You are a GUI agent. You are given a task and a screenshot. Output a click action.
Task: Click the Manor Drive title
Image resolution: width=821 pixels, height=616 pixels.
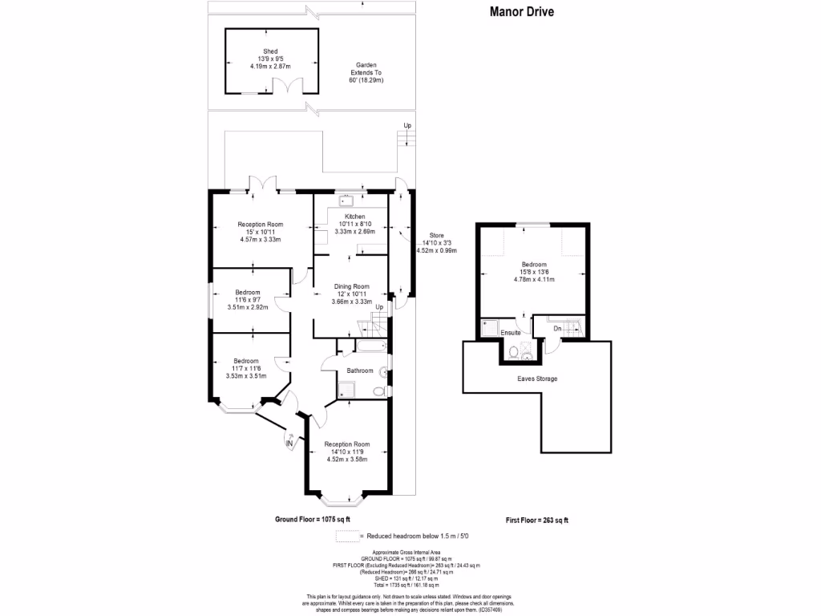(x=522, y=12)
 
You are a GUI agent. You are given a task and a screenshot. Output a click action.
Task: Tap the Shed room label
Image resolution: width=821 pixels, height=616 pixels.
(x=269, y=59)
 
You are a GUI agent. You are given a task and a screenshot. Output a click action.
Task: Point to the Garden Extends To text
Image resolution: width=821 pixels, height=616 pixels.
(x=366, y=73)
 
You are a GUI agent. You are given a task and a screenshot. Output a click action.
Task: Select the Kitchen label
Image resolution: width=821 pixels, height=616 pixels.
(x=354, y=224)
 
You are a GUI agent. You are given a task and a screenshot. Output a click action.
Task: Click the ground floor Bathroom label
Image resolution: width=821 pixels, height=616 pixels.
(x=360, y=371)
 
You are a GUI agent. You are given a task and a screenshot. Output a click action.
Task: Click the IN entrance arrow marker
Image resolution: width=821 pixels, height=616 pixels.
(x=289, y=441)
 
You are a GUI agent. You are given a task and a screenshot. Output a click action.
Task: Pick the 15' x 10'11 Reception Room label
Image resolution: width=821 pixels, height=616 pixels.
(x=261, y=232)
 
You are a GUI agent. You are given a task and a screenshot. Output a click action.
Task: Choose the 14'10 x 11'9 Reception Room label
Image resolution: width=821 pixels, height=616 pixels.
(x=346, y=452)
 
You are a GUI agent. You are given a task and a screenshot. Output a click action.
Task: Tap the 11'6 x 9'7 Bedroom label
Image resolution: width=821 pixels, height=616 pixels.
(x=247, y=299)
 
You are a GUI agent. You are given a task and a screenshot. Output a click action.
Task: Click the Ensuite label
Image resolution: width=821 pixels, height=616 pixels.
(x=511, y=332)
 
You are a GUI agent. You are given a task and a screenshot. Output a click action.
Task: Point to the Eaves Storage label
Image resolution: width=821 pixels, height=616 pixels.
(x=536, y=379)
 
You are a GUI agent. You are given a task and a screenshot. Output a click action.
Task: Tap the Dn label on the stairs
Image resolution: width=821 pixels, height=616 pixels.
(x=557, y=327)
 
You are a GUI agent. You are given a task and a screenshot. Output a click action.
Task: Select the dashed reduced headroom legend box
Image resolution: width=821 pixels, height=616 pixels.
(x=346, y=535)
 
